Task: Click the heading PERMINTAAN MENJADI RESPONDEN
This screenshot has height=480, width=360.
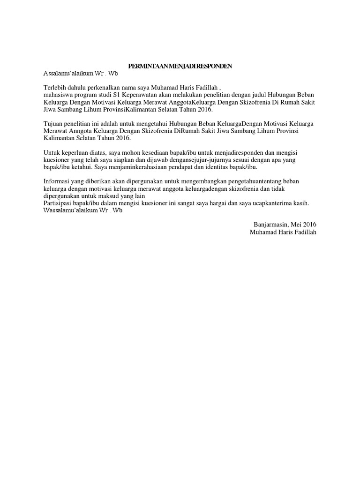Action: [x=180, y=67]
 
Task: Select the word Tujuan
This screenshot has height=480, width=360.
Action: [x=53, y=124]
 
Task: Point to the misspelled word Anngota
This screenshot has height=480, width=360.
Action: [x=79, y=131]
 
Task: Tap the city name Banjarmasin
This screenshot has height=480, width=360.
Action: [x=271, y=225]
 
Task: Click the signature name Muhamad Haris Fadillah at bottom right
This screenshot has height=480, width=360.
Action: [x=283, y=232]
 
